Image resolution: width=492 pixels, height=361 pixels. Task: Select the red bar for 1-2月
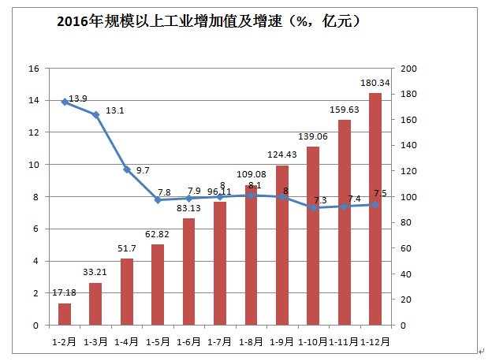[x=65, y=314]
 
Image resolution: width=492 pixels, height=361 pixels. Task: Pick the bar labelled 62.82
[x=158, y=285]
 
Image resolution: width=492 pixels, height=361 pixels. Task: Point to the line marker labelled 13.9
[x=65, y=102]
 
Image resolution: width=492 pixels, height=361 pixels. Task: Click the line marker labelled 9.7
[x=127, y=169]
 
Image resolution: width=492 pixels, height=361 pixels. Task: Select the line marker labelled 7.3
[x=313, y=207]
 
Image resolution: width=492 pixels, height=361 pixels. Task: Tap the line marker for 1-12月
[x=375, y=204]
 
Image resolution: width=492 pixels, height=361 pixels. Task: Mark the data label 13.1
[x=115, y=110]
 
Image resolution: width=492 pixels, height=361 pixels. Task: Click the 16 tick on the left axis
[x=33, y=69]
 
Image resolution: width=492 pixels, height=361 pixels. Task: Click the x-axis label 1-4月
[x=126, y=342]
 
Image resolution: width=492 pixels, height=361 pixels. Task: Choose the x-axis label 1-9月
[x=281, y=342]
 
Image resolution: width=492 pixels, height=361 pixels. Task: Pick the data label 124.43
[x=281, y=154]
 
